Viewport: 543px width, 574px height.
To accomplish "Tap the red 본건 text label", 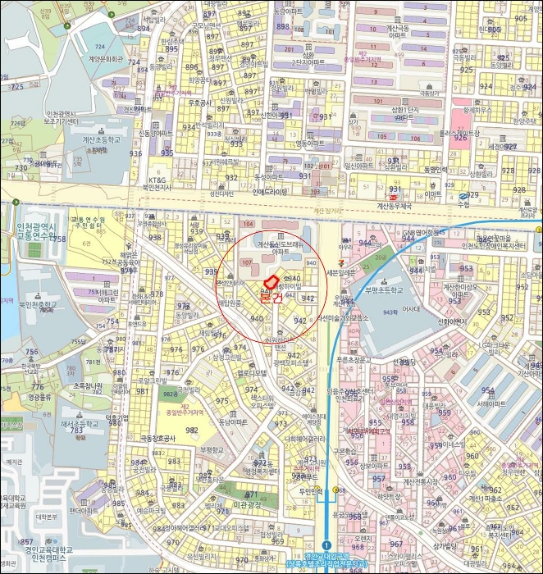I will [270, 298].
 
